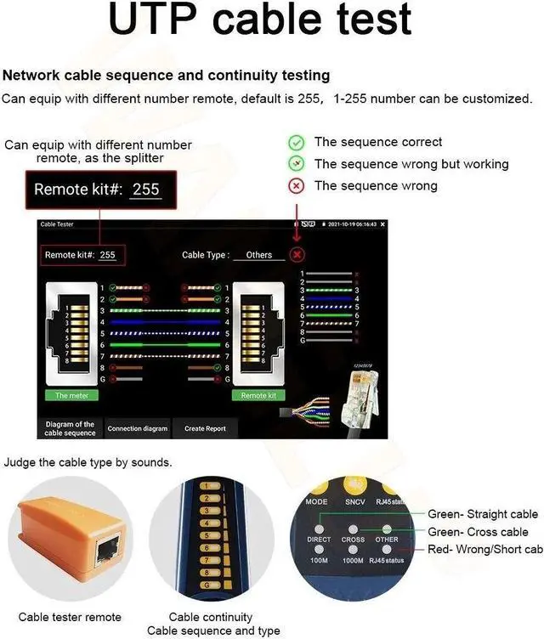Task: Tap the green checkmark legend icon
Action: [x=296, y=143]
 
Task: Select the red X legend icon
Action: [x=296, y=186]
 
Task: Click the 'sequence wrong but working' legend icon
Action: [x=296, y=164]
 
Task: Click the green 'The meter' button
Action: [x=72, y=395]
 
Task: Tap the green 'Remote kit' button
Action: [x=258, y=395]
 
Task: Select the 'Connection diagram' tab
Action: [x=137, y=428]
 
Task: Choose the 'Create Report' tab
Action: [x=205, y=428]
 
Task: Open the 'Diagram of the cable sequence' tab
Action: [x=70, y=428]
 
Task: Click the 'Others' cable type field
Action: [x=258, y=255]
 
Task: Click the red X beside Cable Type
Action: [x=297, y=254]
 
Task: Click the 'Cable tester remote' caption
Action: [x=70, y=617]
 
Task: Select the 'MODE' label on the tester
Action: [x=317, y=502]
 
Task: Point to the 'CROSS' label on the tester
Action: [x=353, y=540]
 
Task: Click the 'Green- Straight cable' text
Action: [x=482, y=514]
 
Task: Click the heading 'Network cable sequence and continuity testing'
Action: [x=167, y=76]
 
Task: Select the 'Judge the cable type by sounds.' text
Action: [x=88, y=463]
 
